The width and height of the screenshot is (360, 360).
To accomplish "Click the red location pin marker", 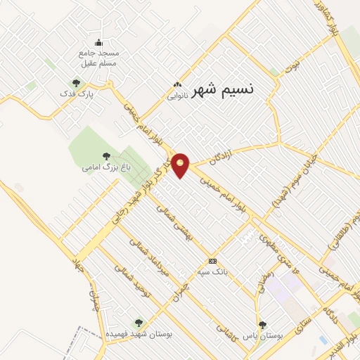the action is [181, 164].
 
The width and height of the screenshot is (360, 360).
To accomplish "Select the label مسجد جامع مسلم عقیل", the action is [99, 58].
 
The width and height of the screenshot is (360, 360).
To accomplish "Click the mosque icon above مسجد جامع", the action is [98, 42].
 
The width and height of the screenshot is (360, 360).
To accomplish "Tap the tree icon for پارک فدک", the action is [77, 83].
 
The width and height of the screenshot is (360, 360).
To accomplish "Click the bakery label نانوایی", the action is [176, 97].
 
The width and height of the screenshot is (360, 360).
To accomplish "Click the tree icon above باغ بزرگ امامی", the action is [106, 156].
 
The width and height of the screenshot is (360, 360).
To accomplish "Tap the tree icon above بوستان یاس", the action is [263, 325].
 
